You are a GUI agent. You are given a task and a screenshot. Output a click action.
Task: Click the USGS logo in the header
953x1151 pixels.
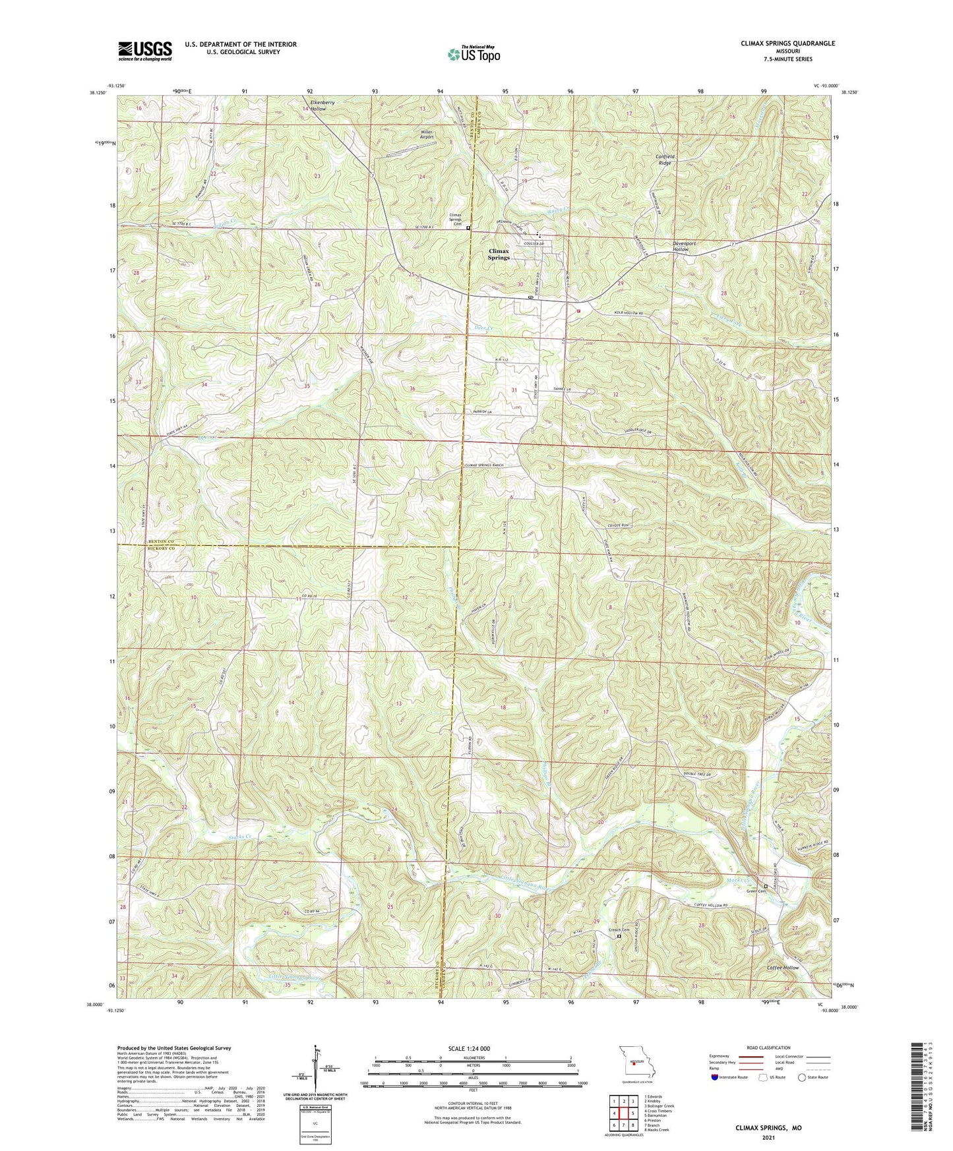coord(145,51)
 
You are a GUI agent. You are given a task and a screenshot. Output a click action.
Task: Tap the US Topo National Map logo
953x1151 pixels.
coord(474,53)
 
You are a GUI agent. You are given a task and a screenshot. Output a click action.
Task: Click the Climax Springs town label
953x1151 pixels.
coord(499,254)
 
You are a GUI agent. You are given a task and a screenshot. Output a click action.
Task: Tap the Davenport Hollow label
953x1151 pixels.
coord(684,247)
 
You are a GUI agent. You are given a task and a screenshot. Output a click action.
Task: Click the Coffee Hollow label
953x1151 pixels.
coord(783,968)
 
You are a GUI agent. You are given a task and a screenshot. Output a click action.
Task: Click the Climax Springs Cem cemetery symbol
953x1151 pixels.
coord(468,227)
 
